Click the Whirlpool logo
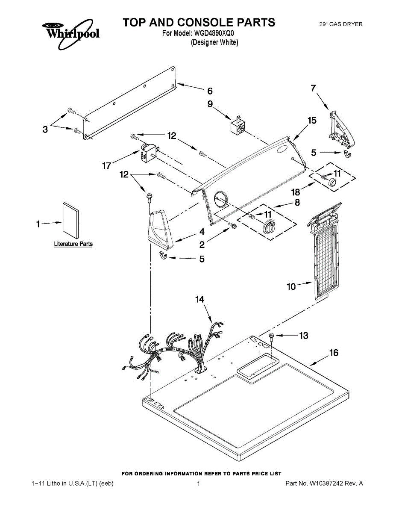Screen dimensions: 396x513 pos(71,34)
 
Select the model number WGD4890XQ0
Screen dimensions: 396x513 pos(214,33)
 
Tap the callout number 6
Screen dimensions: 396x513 pos(210,91)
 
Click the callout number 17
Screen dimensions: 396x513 pos(107,166)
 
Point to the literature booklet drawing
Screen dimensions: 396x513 pos(71,221)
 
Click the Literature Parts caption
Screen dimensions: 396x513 pos(73,244)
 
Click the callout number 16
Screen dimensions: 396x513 pos(334,353)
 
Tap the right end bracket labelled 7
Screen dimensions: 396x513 pos(341,129)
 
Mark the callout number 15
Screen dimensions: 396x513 pos(312,121)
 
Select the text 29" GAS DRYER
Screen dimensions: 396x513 pos(341,24)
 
